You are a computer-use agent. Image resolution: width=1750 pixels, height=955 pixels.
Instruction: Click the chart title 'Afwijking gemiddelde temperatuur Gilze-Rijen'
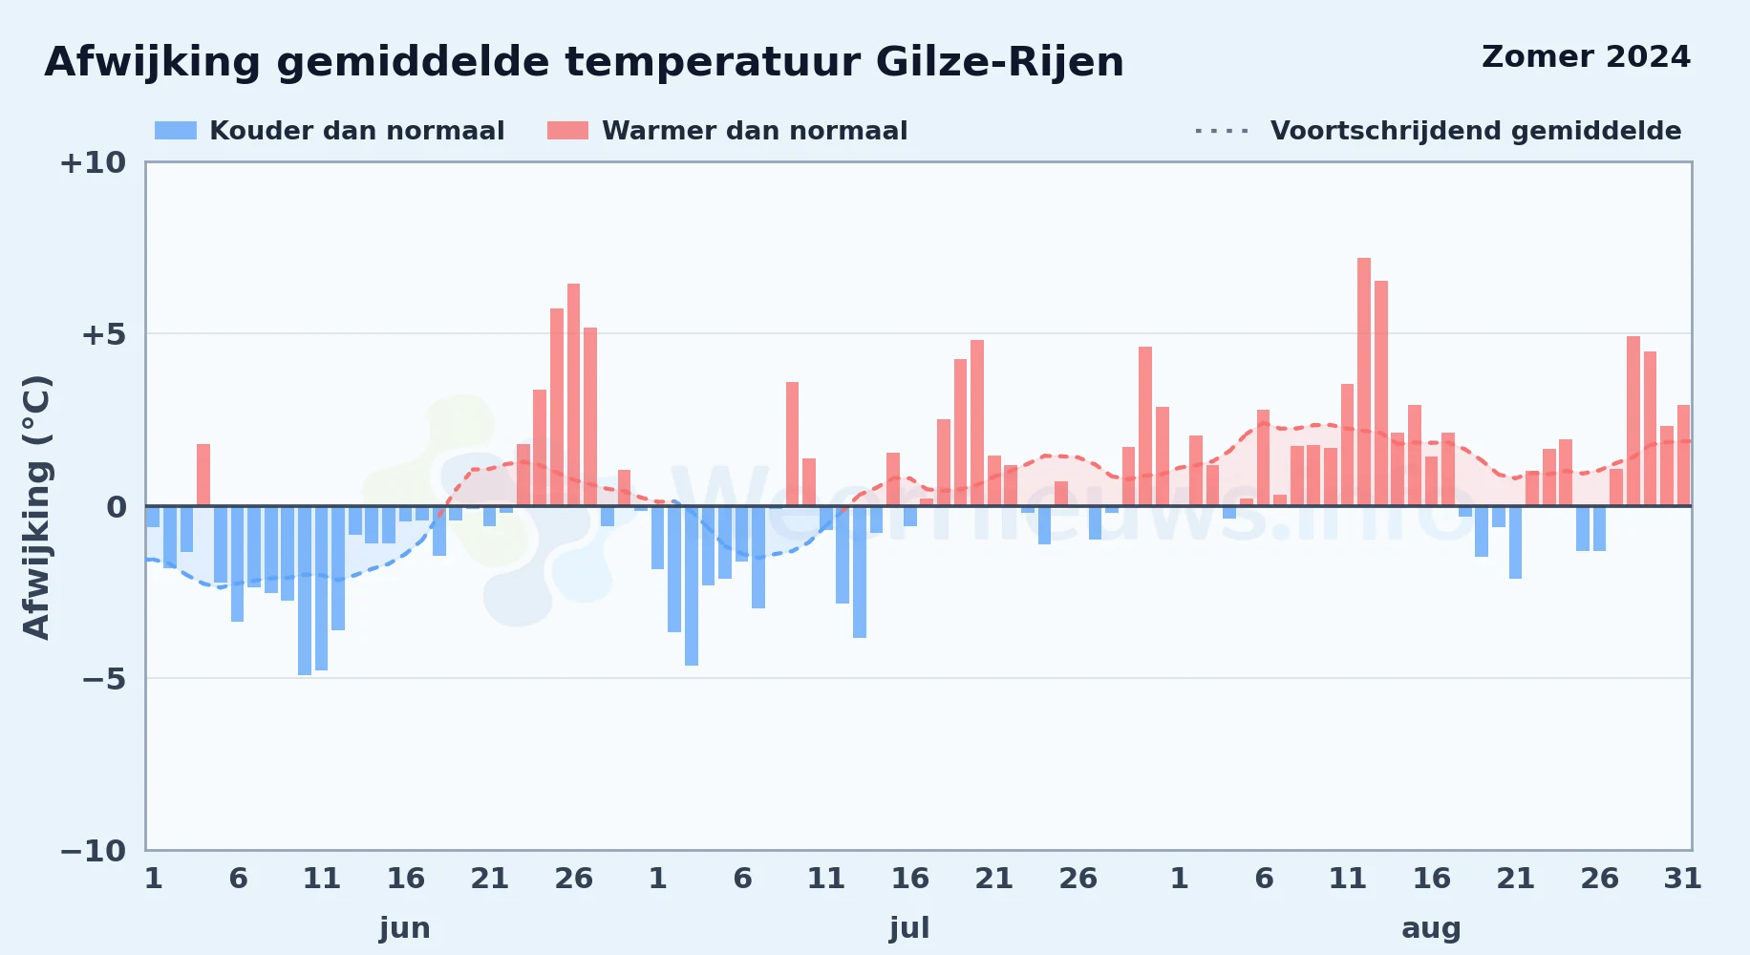tap(584, 62)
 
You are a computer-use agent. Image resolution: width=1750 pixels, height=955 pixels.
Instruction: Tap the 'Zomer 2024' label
tap(1586, 57)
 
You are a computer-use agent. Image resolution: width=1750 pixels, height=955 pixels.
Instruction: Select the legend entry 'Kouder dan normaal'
tap(330, 131)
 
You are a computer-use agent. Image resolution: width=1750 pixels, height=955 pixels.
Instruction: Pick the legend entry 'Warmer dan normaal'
tap(727, 131)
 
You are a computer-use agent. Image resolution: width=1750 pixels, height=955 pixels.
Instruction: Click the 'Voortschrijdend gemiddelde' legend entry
tap(1438, 131)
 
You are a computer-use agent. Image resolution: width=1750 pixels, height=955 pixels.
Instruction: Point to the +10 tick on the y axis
tap(93, 162)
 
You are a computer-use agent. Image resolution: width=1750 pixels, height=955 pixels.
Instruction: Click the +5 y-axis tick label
tap(103, 334)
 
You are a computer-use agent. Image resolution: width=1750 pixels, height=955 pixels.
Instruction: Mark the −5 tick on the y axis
tap(103, 678)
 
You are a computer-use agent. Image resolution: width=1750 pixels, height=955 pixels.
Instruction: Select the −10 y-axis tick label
tap(93, 850)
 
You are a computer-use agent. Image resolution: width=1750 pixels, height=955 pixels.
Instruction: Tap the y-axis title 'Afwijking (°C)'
tap(36, 506)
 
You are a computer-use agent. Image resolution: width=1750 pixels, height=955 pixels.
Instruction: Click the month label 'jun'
tap(405, 928)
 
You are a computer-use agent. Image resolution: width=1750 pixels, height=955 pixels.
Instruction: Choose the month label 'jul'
tap(909, 928)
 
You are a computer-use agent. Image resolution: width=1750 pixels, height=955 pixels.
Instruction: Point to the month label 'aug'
tap(1431, 928)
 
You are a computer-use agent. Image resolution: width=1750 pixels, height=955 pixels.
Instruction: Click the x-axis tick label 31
tap(1683, 879)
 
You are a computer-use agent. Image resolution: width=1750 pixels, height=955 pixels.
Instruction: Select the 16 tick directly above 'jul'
tap(909, 879)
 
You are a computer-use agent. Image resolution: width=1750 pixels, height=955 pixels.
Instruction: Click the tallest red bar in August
tap(1364, 382)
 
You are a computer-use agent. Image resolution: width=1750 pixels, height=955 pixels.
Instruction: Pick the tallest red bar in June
tap(573, 394)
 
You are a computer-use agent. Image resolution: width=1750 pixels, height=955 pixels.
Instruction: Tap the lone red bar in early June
tap(203, 475)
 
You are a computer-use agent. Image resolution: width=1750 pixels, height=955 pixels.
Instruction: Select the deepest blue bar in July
tap(692, 585)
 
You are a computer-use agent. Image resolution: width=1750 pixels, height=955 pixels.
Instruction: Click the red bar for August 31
tap(1683, 456)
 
